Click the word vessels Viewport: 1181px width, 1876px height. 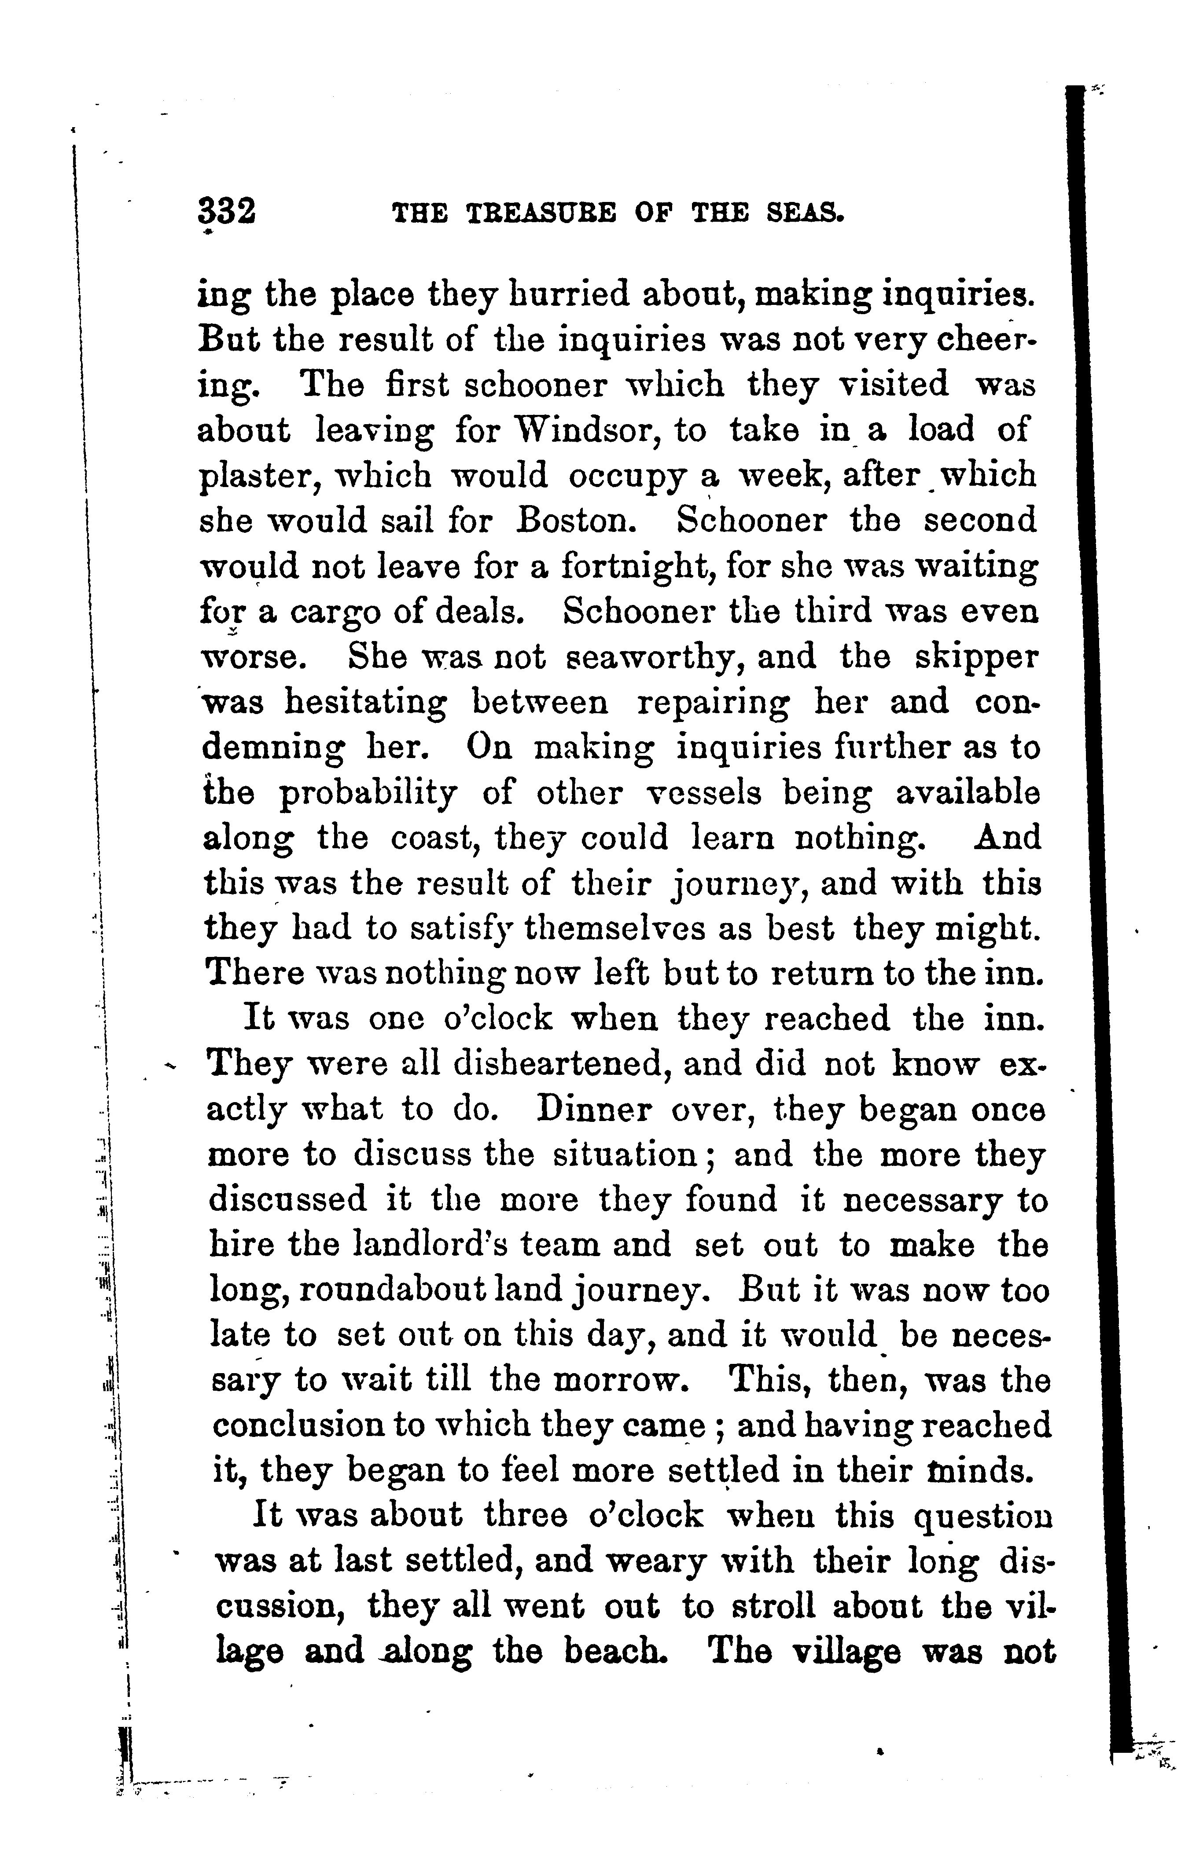[x=704, y=794]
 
